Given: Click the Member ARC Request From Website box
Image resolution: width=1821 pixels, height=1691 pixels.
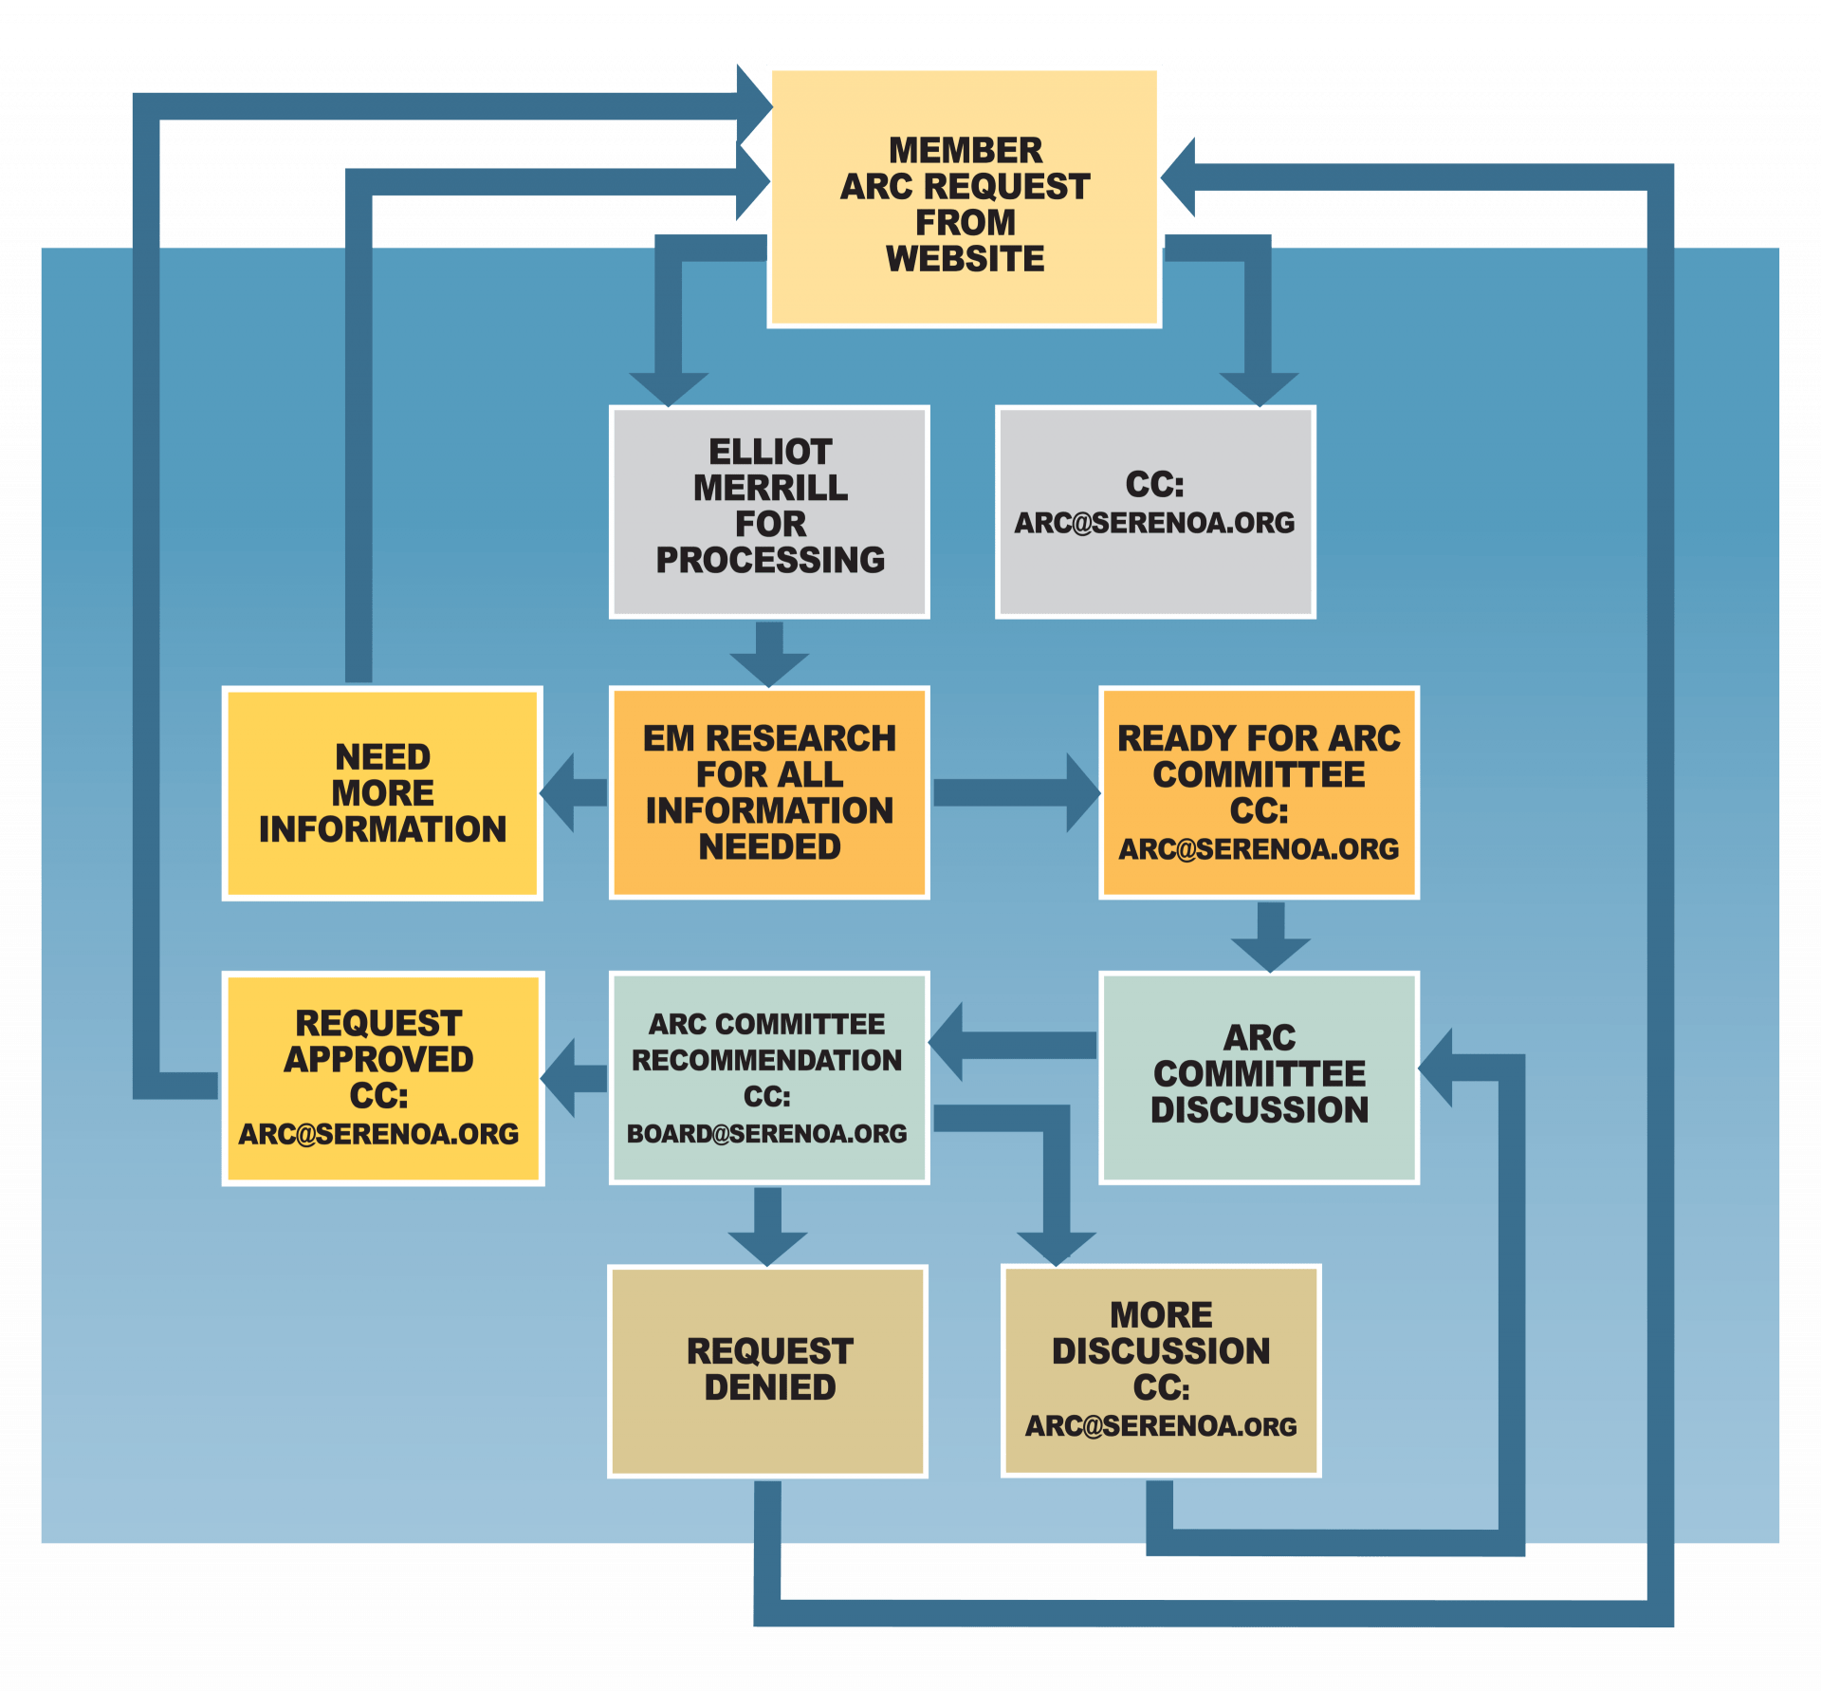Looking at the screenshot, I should (x=965, y=196).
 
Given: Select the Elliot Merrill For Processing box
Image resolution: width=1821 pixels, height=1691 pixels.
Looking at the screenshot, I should (x=769, y=511).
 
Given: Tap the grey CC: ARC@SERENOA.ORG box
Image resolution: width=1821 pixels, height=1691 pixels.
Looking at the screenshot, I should (x=1155, y=511).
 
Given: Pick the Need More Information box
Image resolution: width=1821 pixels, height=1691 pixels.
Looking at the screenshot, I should (x=382, y=792).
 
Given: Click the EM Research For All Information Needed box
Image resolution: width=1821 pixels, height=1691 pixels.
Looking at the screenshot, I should (x=769, y=792).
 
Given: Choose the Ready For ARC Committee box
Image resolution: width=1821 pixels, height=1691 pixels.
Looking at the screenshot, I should (x=1259, y=792).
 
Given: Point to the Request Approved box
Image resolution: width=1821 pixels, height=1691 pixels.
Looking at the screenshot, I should (x=382, y=1078).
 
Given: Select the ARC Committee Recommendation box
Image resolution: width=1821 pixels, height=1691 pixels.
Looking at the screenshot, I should (x=768, y=1078).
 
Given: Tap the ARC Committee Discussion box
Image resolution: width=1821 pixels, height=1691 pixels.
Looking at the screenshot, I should (x=1259, y=1078).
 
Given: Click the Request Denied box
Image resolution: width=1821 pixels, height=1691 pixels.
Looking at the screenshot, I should (x=768, y=1370).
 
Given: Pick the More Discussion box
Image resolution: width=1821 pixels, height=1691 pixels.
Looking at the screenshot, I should (x=1161, y=1370).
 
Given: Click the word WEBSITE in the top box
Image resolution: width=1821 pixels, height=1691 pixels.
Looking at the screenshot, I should (x=965, y=259).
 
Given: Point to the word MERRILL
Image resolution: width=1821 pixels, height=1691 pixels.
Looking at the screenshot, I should (x=770, y=488).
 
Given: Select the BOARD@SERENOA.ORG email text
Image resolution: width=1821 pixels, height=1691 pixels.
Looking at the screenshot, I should (x=766, y=1134).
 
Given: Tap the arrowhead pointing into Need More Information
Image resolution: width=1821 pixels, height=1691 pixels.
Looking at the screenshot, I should (x=560, y=792).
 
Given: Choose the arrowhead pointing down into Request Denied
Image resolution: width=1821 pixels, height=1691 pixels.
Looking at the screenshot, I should (x=768, y=1247).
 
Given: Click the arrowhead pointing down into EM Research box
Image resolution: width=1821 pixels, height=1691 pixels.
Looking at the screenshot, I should (x=769, y=668).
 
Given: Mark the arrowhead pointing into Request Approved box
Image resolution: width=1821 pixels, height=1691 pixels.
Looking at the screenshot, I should (x=560, y=1078).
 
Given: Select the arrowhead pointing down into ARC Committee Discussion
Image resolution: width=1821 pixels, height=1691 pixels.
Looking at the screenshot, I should (x=1271, y=953).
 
